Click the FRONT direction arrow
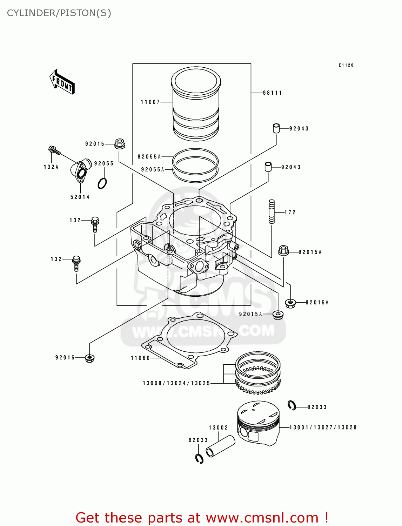[62, 82]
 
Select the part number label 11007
[150, 102]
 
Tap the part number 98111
[273, 93]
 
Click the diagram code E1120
[346, 65]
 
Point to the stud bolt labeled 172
[272, 211]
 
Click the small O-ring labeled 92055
[102, 183]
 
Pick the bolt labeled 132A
[54, 150]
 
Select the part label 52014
[80, 197]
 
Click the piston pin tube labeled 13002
[220, 446]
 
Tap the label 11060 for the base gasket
[140, 358]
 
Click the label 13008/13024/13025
[176, 383]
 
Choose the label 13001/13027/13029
[323, 427]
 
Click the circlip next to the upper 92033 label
[292, 405]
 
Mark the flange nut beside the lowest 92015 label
[90, 358]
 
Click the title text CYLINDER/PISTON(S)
[59, 13]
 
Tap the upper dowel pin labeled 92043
[276, 128]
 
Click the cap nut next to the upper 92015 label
[120, 143]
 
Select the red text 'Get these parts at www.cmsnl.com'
[202, 518]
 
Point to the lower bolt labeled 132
[76, 263]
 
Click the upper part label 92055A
[149, 157]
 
